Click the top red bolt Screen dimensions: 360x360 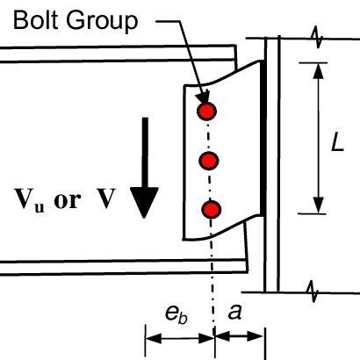207,112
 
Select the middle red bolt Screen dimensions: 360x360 209,161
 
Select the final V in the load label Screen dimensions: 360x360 105,199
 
